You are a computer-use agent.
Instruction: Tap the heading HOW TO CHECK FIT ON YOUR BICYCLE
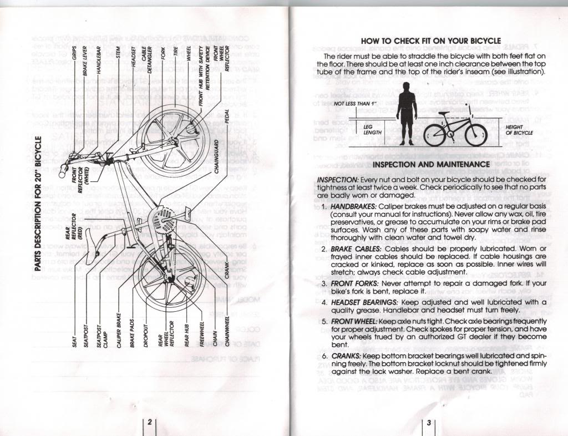(x=430, y=41)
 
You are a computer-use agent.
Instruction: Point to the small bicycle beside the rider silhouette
(x=448, y=129)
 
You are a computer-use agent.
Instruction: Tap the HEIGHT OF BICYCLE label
(x=519, y=130)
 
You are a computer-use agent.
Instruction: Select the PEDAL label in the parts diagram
(x=227, y=115)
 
